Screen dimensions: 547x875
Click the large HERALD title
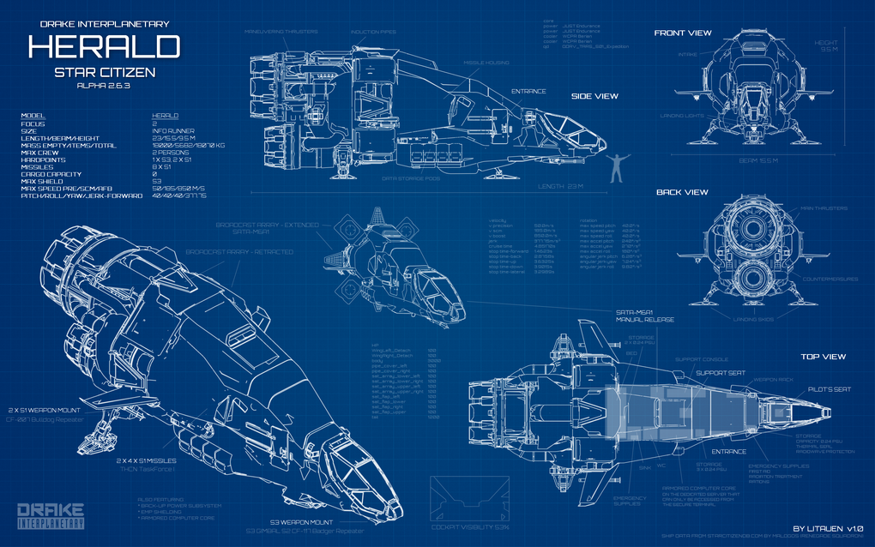(x=104, y=46)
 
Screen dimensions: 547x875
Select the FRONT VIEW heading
(x=683, y=33)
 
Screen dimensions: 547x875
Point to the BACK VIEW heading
(x=682, y=192)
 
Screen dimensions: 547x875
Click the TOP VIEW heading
(x=823, y=356)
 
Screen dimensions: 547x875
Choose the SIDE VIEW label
(x=594, y=96)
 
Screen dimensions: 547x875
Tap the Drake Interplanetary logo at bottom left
(x=51, y=514)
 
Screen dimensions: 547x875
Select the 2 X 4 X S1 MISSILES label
(x=148, y=460)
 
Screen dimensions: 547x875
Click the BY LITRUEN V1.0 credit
(x=828, y=527)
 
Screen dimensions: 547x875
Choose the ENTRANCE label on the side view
(x=528, y=91)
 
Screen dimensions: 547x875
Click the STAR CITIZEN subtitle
(x=104, y=73)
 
